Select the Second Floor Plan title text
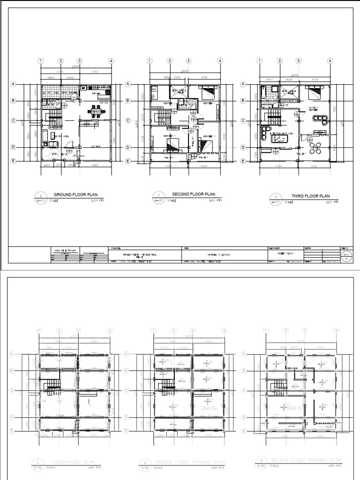coord(193,194)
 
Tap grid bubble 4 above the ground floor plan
coord(111,60)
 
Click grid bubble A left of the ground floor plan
coord(14,84)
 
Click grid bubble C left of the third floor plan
coord(243,120)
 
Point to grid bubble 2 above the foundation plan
coord(60,330)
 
